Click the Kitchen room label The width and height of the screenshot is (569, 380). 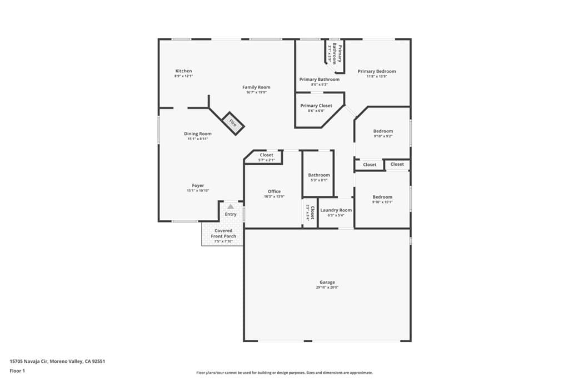click(x=183, y=71)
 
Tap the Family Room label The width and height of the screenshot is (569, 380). click(x=256, y=87)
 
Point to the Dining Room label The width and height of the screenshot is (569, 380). click(x=198, y=134)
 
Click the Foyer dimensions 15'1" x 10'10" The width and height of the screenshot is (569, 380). click(x=198, y=191)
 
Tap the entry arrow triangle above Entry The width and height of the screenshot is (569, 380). click(x=230, y=206)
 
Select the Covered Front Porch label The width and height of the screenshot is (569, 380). click(x=223, y=233)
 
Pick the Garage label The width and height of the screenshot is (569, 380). click(x=327, y=282)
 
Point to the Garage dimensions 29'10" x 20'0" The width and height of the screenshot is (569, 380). click(x=327, y=288)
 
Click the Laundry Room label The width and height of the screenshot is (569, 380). click(x=336, y=210)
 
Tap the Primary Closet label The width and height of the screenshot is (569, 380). click(x=316, y=106)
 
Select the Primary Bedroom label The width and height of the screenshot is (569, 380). click(x=377, y=71)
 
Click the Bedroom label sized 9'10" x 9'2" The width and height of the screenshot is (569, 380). click(x=382, y=131)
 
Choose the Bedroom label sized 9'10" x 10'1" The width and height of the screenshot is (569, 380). click(x=382, y=197)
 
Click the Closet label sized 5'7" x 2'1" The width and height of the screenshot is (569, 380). click(x=267, y=155)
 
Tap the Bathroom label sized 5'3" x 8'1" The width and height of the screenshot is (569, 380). click(x=319, y=175)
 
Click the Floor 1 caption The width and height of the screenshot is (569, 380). click(x=17, y=370)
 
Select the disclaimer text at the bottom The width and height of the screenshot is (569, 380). click(x=284, y=373)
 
